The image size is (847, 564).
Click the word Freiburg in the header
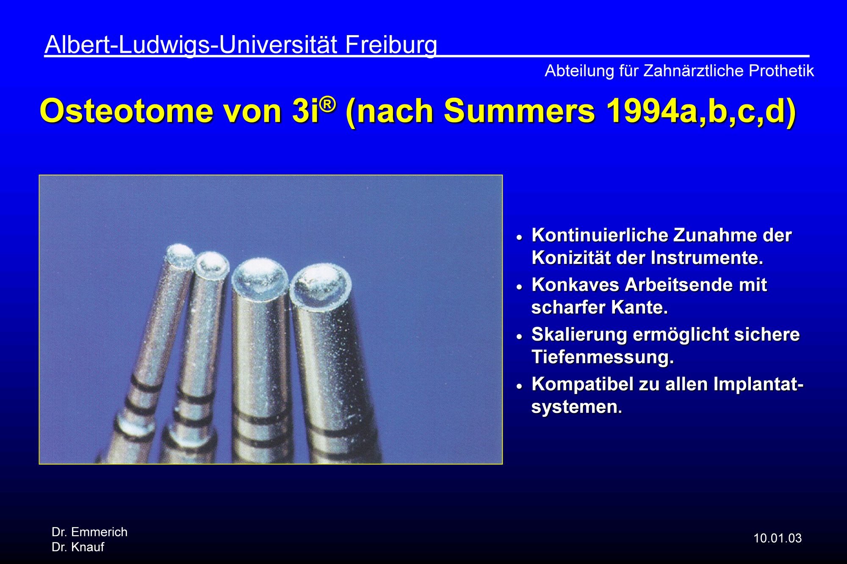tap(391, 45)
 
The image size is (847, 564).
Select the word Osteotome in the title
tap(126, 111)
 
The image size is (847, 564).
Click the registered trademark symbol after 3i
tap(328, 103)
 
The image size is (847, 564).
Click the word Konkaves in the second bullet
tap(575, 285)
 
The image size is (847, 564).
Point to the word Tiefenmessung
tap(603, 357)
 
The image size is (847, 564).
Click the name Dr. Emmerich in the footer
tap(89, 532)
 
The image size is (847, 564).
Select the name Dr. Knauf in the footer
tap(78, 547)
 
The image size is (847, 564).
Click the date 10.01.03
tap(778, 538)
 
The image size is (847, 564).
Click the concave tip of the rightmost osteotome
tap(320, 285)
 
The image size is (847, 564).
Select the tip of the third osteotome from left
tap(260, 277)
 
